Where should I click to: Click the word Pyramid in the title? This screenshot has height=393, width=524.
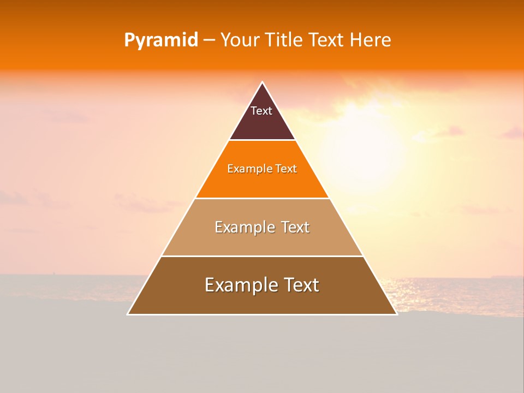tap(160, 40)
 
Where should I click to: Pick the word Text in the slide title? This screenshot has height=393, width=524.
tap(326, 40)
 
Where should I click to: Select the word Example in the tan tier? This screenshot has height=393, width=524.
tap(243, 227)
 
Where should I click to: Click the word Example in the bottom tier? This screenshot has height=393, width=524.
tap(238, 285)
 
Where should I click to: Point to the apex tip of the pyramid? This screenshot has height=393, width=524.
tap(262, 83)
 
